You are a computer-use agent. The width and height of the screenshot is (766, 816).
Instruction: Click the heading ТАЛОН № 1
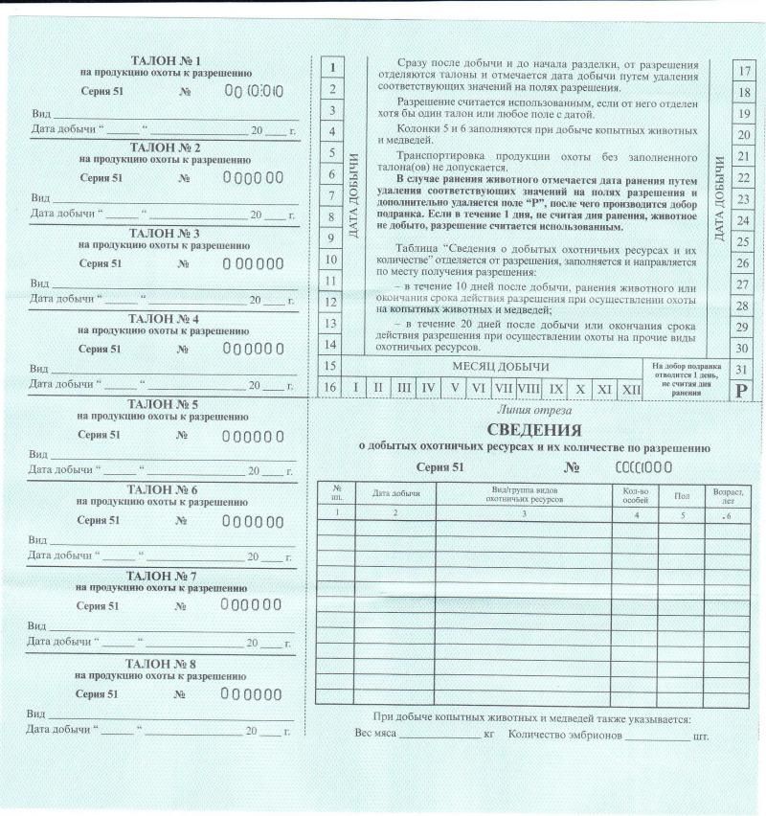(x=164, y=60)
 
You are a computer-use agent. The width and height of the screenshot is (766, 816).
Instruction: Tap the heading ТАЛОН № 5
(x=163, y=404)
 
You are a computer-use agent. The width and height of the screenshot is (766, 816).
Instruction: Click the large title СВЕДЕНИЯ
(x=534, y=429)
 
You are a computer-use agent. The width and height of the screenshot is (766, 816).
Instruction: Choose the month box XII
(x=630, y=388)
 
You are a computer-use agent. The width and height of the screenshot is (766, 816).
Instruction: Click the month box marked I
(x=355, y=388)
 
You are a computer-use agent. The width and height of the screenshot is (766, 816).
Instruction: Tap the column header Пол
(x=682, y=494)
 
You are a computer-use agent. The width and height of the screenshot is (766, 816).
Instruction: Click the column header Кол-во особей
(x=629, y=494)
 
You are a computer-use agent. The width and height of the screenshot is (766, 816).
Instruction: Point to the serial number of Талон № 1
(x=253, y=92)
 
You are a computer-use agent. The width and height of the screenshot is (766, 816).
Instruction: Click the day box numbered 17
(x=743, y=71)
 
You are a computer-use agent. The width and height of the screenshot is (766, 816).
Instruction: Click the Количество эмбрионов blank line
(x=656, y=737)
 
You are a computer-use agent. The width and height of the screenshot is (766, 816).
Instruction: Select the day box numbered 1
(x=330, y=68)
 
